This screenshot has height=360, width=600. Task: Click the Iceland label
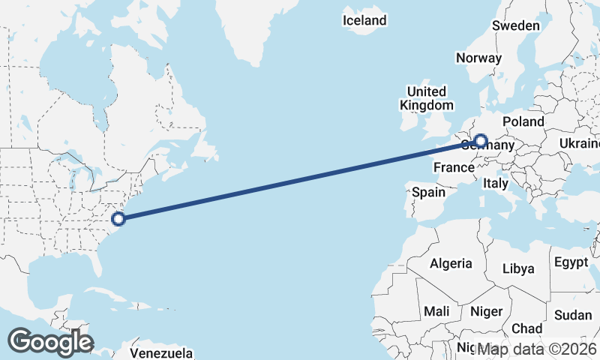364,20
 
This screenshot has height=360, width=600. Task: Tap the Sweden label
515,25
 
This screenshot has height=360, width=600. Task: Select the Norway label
478,58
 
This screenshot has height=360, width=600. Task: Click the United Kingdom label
426,98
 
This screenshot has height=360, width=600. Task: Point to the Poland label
523,121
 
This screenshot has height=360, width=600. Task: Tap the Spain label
428,192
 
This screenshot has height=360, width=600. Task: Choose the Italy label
495,183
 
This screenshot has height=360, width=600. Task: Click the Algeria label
451,263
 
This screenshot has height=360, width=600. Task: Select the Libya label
518,268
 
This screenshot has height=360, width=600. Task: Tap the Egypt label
571,262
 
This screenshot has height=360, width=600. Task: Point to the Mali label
436,310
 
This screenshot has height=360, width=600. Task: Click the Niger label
486,310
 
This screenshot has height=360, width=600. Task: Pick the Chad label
526,328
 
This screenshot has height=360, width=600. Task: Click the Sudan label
573,314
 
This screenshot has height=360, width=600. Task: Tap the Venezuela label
161,353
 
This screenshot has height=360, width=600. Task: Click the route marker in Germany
480,140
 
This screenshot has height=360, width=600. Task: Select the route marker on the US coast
118,219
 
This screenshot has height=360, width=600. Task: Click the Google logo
49,342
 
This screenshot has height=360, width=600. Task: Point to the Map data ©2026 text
538,349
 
